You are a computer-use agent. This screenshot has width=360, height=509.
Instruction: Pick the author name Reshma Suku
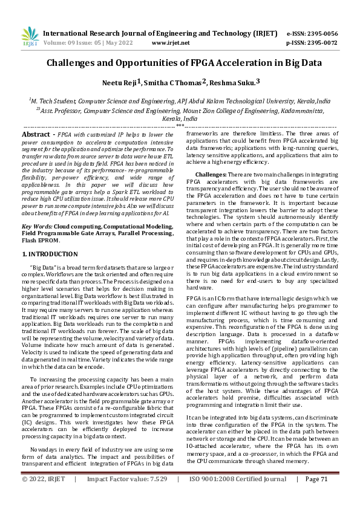pos(234,82)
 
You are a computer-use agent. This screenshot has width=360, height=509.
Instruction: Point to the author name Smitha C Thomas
pos(177,82)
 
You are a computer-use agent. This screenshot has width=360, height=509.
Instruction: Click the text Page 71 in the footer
pos(316,496)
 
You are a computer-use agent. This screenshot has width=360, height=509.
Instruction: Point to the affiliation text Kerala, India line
pos(180,119)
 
